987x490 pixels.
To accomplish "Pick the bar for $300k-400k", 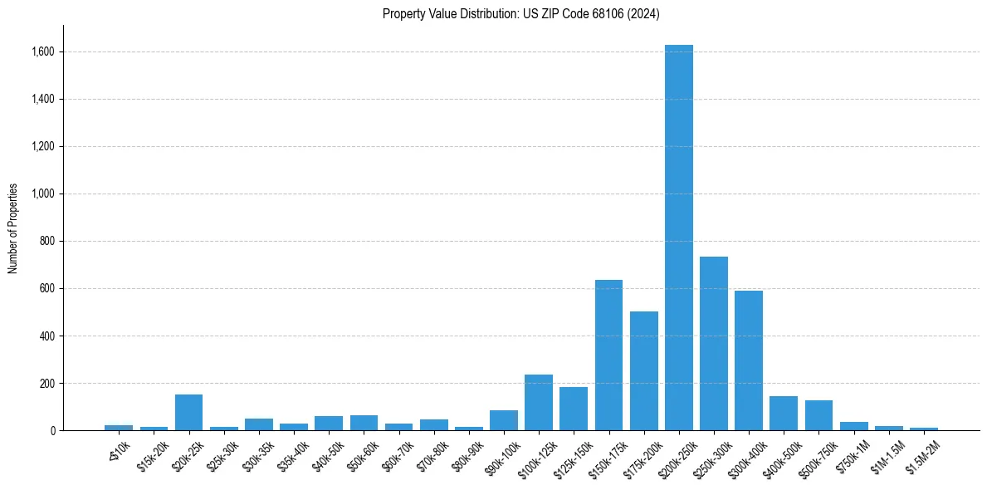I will tap(748, 360).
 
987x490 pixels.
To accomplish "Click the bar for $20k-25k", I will tap(188, 413).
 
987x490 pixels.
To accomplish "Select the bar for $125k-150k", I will tap(574, 409).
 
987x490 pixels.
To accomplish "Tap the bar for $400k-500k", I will tap(783, 414).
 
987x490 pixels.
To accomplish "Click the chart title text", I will tap(520, 14).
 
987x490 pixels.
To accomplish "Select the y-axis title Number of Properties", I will tap(13, 228).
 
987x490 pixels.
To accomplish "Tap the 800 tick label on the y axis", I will tap(47, 242).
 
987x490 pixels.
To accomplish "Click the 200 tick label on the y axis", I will tap(47, 384).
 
